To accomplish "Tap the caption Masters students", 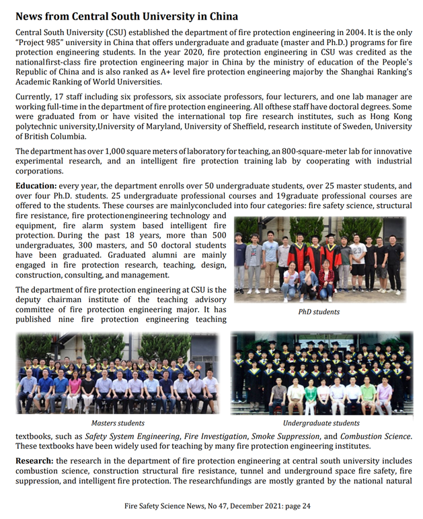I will (118, 423).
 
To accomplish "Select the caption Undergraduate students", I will (321, 423).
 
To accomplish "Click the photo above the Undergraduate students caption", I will (321, 373).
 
